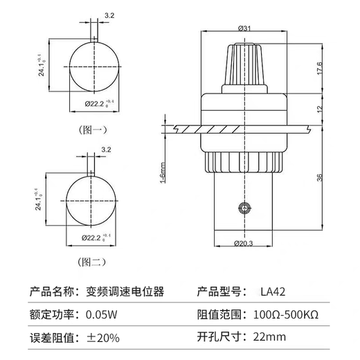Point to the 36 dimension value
coord(321,178)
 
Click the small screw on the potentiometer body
coord(242,207)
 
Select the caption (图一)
coord(92,129)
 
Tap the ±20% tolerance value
coord(102,338)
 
